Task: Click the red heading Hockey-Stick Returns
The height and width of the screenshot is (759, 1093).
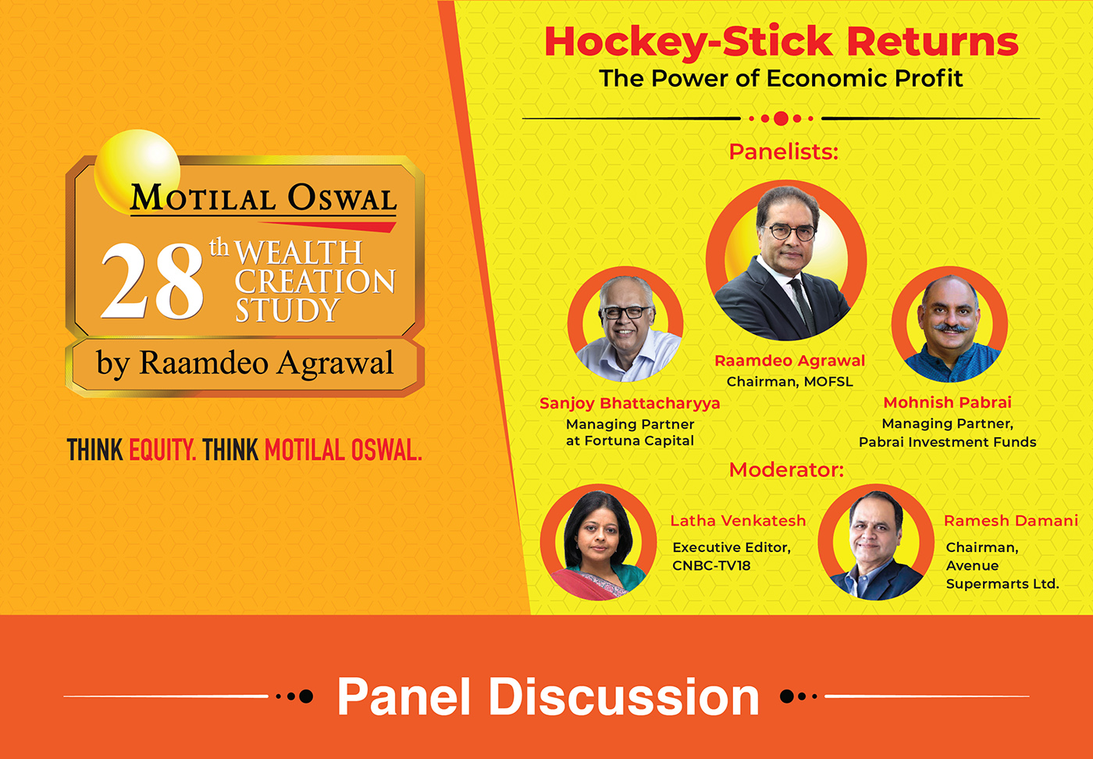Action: point(781,42)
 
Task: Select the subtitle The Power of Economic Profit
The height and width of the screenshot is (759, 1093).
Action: point(781,79)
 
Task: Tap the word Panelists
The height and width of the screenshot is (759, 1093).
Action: point(783,151)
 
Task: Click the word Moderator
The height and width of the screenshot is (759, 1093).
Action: point(786,470)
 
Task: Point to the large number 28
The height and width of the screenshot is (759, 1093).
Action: point(151,282)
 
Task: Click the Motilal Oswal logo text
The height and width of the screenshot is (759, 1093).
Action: point(264,198)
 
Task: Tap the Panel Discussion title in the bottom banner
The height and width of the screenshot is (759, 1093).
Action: point(548,697)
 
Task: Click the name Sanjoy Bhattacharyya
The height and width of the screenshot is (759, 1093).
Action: point(629,403)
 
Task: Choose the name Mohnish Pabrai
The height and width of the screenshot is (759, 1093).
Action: point(947,402)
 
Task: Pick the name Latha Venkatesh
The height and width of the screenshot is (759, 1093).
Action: point(738,521)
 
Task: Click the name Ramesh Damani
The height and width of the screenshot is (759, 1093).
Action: point(1011,521)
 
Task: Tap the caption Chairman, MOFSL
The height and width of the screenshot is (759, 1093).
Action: point(789,382)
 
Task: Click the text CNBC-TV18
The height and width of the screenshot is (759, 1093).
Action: point(711,565)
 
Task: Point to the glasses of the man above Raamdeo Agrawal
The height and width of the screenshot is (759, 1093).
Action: point(792,231)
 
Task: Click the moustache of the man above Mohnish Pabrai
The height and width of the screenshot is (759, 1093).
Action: point(949,328)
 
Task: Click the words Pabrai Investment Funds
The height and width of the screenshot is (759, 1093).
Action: point(947,442)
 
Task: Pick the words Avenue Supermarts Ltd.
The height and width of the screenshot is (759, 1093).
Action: point(1002,575)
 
